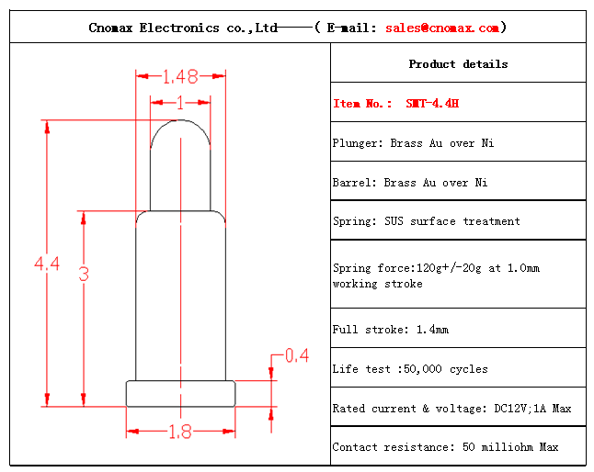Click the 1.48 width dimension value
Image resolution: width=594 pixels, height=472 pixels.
tap(180, 77)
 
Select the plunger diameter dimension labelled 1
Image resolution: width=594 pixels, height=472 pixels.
tap(180, 103)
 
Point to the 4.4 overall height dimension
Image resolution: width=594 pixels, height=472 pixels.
tap(47, 264)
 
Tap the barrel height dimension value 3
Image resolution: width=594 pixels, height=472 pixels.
tap(84, 274)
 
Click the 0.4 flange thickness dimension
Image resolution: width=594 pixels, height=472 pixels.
tap(297, 355)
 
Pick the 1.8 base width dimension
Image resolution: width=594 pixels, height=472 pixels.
tap(180, 432)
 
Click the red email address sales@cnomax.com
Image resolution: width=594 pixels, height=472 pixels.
tap(442, 28)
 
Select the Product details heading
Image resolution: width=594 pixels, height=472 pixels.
tap(459, 64)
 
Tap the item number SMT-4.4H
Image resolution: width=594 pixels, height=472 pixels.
tap(432, 103)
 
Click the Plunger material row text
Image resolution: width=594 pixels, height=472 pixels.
tap(413, 143)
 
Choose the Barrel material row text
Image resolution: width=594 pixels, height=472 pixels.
tap(410, 183)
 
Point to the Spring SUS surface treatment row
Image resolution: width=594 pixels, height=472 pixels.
tap(427, 221)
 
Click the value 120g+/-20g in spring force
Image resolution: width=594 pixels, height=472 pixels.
tap(449, 268)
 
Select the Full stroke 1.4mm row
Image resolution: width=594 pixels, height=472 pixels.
tap(391, 330)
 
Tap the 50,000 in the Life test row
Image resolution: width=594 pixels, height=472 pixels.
tap(423, 369)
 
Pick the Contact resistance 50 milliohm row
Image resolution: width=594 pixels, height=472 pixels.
tap(445, 447)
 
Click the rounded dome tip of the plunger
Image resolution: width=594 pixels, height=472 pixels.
tap(180, 121)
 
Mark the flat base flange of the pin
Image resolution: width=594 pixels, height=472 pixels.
tap(181, 394)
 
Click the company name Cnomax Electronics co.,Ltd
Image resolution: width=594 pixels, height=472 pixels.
tap(183, 28)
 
